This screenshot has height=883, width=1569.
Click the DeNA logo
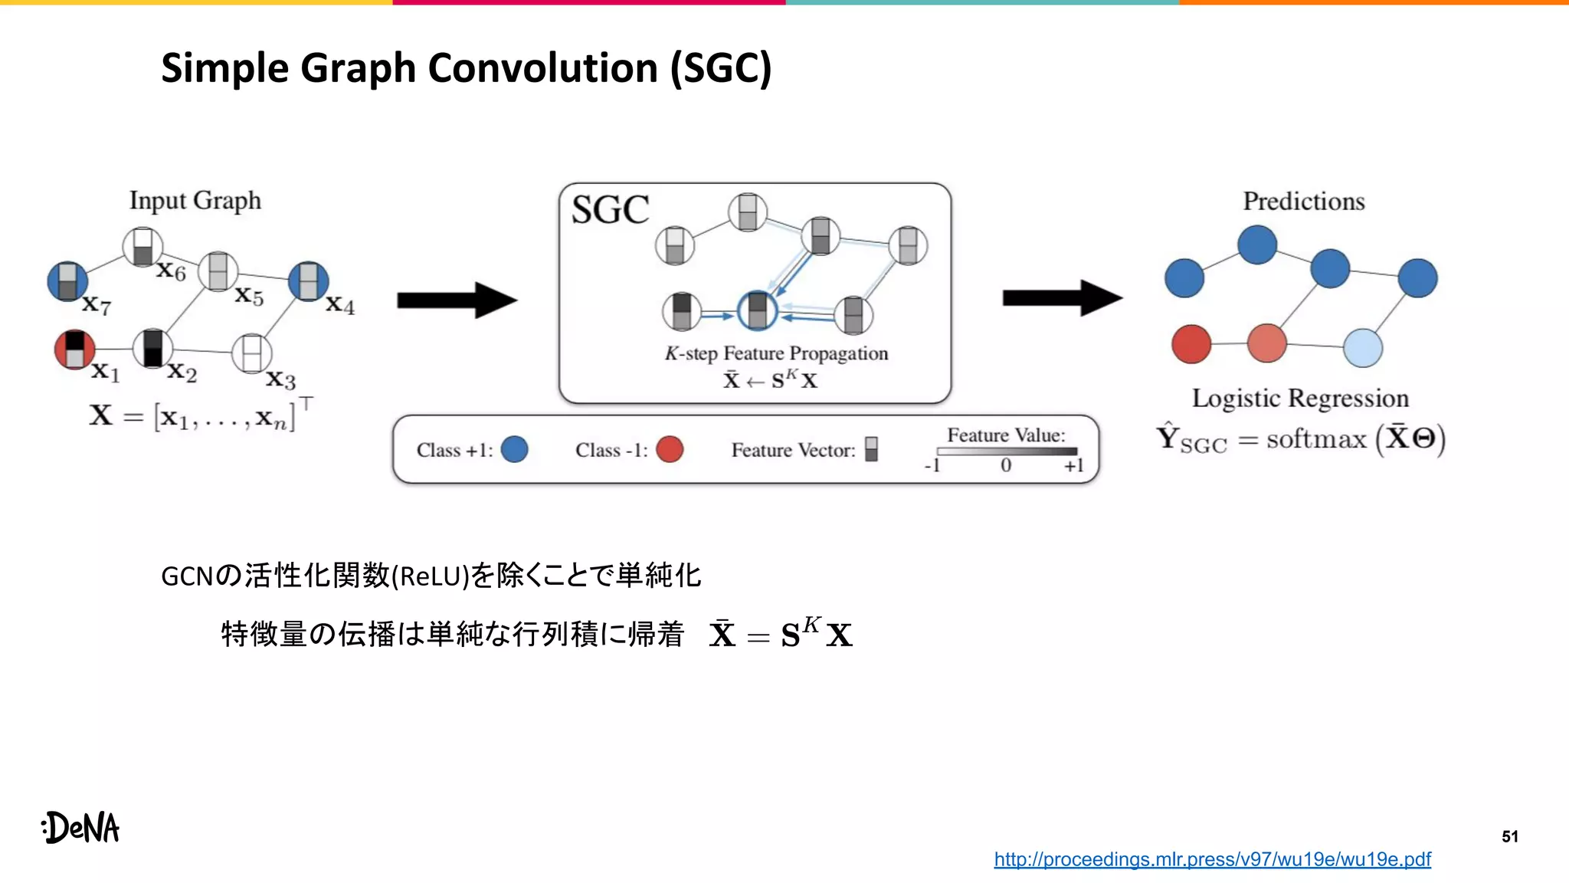click(x=81, y=828)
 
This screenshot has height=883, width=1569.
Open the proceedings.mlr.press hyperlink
click(x=1212, y=859)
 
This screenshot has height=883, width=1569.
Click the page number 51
click(x=1509, y=836)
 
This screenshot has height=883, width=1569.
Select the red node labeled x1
click(x=74, y=350)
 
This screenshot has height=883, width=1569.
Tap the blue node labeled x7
click(x=67, y=281)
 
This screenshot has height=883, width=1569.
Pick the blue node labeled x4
click(x=309, y=281)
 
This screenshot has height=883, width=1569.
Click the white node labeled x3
click(x=251, y=353)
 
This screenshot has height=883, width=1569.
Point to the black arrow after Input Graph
click(x=457, y=300)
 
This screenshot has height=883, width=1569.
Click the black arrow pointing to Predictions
click(x=1062, y=298)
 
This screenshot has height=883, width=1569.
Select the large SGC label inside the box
click(x=610, y=210)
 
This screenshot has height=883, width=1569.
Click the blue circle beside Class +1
click(x=514, y=449)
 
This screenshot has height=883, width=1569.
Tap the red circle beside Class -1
click(x=670, y=449)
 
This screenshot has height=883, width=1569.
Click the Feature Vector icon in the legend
click(x=871, y=449)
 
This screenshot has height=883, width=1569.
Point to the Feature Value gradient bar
click(x=1006, y=451)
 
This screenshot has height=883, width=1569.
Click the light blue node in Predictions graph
click(x=1363, y=348)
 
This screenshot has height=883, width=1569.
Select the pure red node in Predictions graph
click(x=1191, y=344)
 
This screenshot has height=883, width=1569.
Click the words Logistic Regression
click(x=1300, y=399)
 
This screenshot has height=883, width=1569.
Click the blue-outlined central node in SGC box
click(x=757, y=310)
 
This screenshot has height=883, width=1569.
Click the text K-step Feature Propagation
click(x=776, y=353)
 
